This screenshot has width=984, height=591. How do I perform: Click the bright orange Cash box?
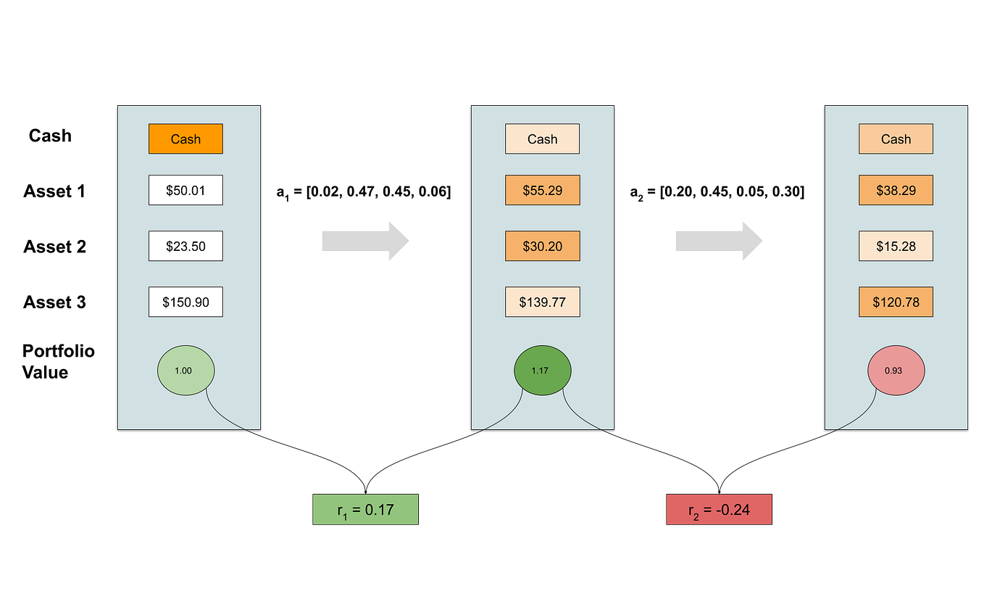pos(185,139)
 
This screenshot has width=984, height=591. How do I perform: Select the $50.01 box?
pos(185,190)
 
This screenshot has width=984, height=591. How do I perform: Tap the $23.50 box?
pos(185,246)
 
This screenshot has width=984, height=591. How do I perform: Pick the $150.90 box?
pos(185,302)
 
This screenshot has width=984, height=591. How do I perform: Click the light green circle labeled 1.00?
pos(185,370)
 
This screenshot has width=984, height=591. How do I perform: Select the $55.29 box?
pos(542,190)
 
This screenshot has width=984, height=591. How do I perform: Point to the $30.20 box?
pos(542,246)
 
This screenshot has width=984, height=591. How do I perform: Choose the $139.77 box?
pos(542,302)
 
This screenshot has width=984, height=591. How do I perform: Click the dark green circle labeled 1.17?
pos(542,370)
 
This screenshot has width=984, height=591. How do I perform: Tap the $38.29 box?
pos(896,190)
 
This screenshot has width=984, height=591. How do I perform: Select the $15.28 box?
pos(896,246)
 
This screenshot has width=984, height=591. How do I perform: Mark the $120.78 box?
pos(896,302)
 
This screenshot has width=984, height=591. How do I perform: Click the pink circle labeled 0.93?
pos(896,370)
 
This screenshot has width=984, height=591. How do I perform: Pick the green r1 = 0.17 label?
pos(366,509)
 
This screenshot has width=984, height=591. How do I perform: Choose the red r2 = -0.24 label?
pos(719,509)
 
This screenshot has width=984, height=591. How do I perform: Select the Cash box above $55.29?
pos(542,139)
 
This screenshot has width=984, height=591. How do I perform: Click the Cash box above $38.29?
pos(896,139)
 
